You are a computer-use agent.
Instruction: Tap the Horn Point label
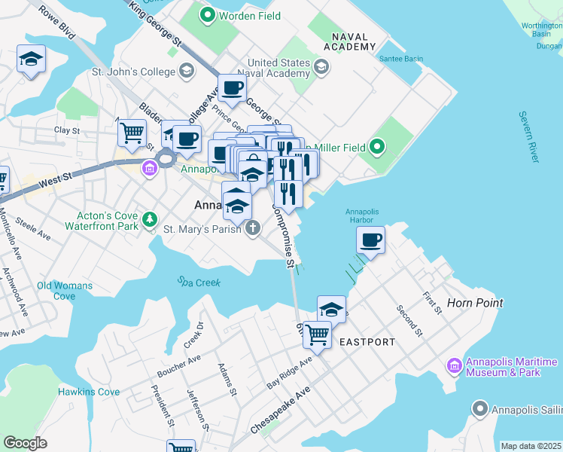coord(475,303)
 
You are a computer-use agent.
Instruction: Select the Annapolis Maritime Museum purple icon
coord(454,366)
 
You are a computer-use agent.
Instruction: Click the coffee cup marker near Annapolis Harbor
coord(370,240)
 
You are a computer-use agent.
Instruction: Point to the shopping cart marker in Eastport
coord(318,333)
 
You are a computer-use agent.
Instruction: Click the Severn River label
coord(528,136)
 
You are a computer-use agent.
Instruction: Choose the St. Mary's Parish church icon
coord(254,228)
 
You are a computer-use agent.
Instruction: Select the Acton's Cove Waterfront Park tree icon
coord(151,219)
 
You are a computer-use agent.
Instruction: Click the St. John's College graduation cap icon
coord(186,72)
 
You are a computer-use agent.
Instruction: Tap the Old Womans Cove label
coord(65,291)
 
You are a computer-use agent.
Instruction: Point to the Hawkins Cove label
coord(88,392)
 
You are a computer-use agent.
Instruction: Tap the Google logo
coord(26,442)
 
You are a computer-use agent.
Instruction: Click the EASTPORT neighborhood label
coord(367,342)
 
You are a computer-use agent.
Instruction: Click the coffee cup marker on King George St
coord(232,88)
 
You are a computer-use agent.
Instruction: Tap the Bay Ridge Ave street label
coord(289,374)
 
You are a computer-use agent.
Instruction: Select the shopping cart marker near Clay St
coord(132,133)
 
